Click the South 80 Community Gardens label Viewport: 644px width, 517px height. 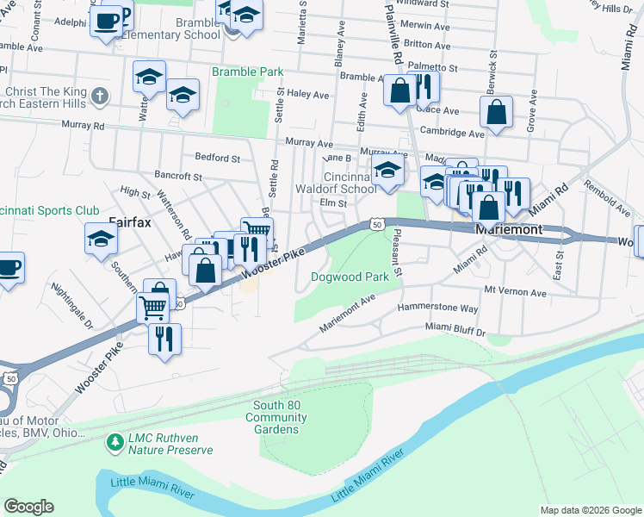276,417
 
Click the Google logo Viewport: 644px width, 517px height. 28,506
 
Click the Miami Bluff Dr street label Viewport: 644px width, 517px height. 455,329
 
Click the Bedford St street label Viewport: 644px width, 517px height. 218,158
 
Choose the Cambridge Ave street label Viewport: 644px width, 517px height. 452,133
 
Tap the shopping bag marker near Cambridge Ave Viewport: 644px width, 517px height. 497,112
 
